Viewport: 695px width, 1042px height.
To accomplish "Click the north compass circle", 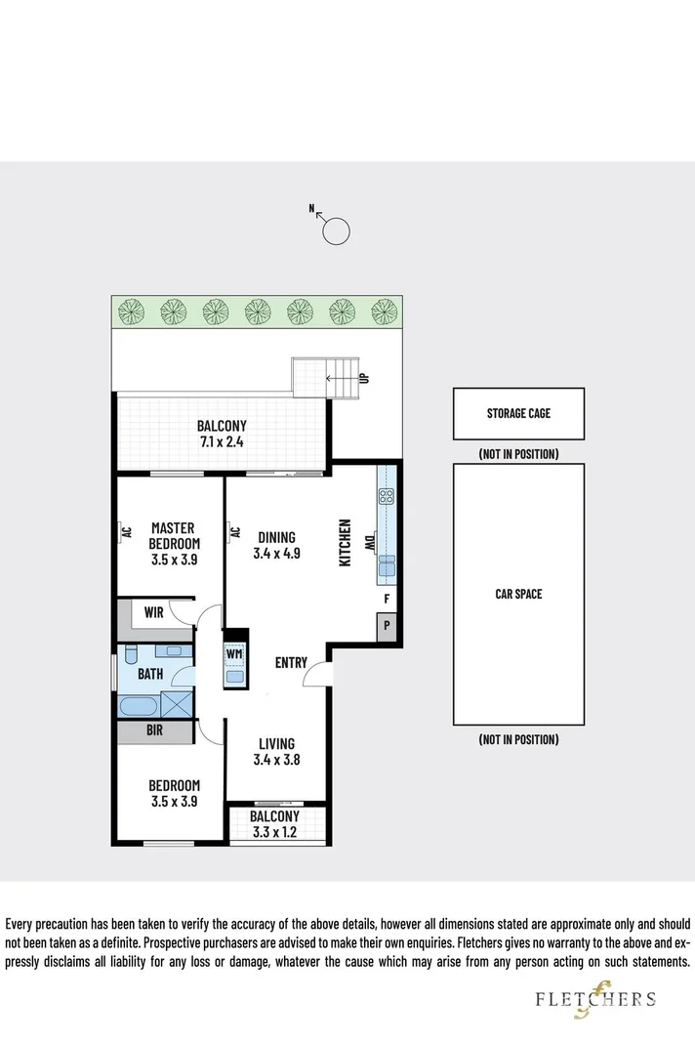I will [336, 231].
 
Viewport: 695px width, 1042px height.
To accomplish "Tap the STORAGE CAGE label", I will [518, 413].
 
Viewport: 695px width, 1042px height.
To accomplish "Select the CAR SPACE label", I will [518, 594].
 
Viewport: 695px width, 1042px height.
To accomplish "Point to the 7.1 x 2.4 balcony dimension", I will [222, 441].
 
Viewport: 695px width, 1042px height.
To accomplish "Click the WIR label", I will [153, 613].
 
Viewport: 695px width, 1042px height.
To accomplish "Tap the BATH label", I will [149, 674].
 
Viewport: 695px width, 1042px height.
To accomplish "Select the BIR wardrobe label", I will [153, 729].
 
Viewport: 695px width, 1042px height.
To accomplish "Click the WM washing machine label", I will [234, 653].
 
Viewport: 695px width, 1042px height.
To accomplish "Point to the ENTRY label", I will [291, 663].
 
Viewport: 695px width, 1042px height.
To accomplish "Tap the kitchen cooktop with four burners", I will [385, 495].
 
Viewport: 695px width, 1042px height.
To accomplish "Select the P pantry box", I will [387, 626].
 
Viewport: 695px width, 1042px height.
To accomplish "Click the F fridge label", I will [387, 599].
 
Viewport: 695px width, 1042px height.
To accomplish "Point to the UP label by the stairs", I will [364, 376].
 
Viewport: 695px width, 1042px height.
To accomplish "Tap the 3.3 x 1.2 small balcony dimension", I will [274, 833].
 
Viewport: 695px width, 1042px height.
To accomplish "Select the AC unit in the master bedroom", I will [125, 532].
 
